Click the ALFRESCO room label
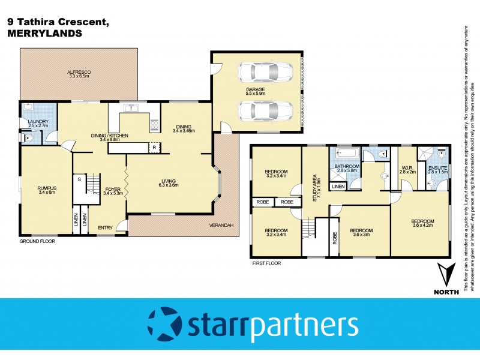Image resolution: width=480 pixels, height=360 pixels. click(x=79, y=74)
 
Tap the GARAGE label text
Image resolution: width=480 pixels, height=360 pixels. click(x=255, y=91)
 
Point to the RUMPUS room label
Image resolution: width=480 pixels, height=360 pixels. click(x=46, y=189)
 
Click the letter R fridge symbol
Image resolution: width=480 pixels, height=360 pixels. click(x=154, y=147)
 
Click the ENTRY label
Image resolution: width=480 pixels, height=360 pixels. click(x=105, y=227)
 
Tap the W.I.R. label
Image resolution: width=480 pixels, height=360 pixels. click(x=408, y=168)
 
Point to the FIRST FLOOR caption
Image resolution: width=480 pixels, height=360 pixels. click(x=266, y=263)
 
